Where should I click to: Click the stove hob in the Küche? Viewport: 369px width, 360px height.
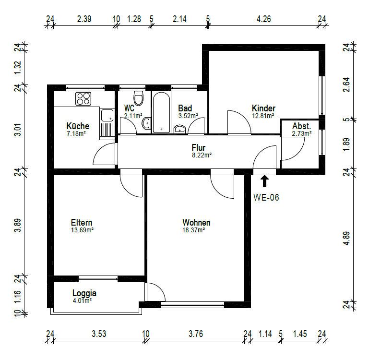(x=83, y=99)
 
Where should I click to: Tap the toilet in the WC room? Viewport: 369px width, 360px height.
(x=138, y=98)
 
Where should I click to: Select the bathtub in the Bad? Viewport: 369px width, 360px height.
(x=161, y=112)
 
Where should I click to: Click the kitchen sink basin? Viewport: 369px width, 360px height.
(x=107, y=115)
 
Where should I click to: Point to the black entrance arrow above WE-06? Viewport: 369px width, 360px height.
(x=264, y=181)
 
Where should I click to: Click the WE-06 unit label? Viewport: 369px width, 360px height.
(x=266, y=197)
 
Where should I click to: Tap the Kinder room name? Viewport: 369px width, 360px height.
(x=263, y=108)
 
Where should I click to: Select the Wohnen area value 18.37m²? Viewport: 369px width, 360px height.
(x=193, y=230)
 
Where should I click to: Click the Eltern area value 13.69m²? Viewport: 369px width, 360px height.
(x=82, y=230)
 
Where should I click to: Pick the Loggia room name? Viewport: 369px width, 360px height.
(x=84, y=293)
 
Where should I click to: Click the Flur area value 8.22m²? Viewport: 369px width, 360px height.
(x=202, y=155)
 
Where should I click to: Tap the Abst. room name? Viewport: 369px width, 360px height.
(x=302, y=126)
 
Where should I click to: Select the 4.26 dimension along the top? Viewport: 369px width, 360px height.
(x=263, y=19)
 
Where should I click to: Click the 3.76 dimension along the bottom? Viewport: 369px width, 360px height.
(x=196, y=334)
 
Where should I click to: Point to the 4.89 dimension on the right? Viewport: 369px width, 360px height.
(x=346, y=238)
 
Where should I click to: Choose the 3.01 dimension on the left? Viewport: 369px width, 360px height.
(x=18, y=130)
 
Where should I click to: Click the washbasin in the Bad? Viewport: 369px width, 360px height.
(x=180, y=129)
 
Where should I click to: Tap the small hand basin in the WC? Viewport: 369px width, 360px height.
(x=146, y=123)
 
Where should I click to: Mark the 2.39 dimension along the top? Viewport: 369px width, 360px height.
(x=84, y=19)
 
